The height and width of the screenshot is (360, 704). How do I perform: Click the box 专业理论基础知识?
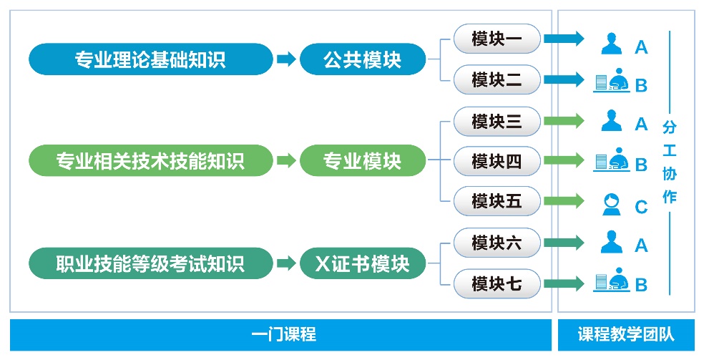[151, 59]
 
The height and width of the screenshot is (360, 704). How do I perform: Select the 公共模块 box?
[362, 59]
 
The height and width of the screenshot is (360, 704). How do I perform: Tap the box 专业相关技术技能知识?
[151, 160]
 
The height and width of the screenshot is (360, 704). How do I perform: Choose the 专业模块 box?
[362, 160]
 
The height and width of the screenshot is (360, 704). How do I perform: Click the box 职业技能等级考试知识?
[151, 263]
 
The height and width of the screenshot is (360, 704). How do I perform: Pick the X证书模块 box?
[362, 263]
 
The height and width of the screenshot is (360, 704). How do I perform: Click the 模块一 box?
[497, 39]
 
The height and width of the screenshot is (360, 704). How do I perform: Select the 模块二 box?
[497, 80]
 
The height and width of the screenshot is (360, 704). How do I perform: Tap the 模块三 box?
[497, 121]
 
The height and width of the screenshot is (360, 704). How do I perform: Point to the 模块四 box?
[497, 161]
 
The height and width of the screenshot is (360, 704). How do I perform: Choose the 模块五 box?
[497, 201]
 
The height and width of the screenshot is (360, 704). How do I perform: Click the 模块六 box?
[497, 243]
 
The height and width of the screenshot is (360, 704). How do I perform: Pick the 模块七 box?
[497, 283]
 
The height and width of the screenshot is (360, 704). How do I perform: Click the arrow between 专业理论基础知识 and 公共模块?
[286, 59]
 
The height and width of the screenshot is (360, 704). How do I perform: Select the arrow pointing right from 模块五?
[564, 200]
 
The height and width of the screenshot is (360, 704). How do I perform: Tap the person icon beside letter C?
[611, 205]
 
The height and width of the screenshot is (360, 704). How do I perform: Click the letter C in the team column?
[641, 207]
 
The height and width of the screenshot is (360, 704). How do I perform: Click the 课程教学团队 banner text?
[626, 334]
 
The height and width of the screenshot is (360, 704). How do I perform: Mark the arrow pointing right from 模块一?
[564, 38]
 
